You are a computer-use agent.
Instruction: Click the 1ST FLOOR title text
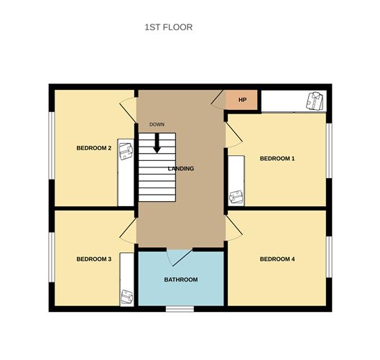(169, 27)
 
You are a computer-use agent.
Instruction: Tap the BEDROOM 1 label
(277, 158)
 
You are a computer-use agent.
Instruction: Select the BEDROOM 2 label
(93, 149)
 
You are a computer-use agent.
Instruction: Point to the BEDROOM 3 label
(93, 259)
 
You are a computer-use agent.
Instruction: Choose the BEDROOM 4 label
(277, 259)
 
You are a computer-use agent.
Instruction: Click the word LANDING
(180, 168)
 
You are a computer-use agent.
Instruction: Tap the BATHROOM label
(180, 280)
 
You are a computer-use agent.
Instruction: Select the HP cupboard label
(242, 100)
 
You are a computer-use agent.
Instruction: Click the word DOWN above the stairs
(157, 125)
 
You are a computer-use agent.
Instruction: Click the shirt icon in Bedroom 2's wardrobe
(126, 150)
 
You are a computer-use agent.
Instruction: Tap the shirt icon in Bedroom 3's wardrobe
(127, 295)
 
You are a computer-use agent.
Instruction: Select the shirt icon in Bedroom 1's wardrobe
(236, 195)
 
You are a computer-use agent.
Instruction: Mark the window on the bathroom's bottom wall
(180, 310)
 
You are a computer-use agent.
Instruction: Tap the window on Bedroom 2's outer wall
(50, 147)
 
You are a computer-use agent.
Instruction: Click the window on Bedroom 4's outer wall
(329, 257)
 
